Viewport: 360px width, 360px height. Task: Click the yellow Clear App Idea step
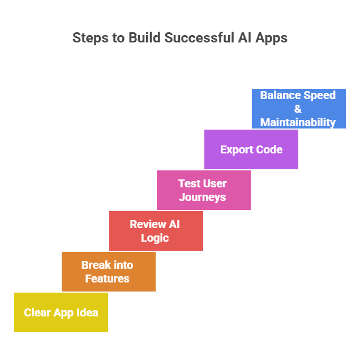tap(61, 312)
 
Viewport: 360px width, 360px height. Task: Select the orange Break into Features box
tap(108, 272)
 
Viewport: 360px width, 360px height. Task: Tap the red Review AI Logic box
tap(156, 231)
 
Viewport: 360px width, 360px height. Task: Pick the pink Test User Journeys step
tap(203, 190)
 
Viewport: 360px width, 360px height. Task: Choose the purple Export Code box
tap(251, 149)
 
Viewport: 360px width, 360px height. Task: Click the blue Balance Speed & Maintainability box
tap(298, 109)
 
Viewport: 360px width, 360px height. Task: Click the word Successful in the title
tap(201, 38)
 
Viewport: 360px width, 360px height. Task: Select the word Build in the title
tap(143, 38)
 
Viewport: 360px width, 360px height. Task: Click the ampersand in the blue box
tap(298, 109)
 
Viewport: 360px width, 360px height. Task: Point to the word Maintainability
tap(298, 122)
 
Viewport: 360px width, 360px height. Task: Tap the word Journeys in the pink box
tap(203, 197)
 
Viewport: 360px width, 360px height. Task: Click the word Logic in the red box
tap(155, 238)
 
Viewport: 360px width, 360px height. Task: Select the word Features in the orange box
tap(108, 278)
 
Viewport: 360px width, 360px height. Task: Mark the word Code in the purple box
tap(269, 149)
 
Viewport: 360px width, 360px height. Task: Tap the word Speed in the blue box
tap(319, 95)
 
